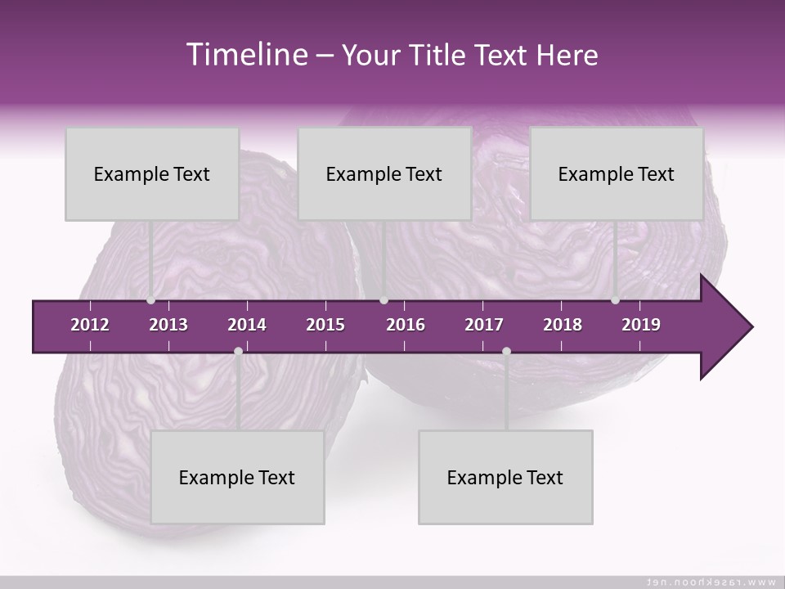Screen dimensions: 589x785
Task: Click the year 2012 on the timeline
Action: (90, 325)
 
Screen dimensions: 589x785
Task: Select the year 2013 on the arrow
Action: (168, 325)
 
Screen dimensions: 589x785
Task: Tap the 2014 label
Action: (247, 325)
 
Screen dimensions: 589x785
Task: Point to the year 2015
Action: (325, 325)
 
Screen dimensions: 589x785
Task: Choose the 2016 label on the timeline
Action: (406, 325)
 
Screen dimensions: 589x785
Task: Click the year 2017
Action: (484, 325)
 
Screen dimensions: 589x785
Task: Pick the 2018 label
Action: (563, 325)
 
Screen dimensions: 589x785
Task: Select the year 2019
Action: (641, 325)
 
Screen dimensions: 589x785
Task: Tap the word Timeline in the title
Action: (245, 55)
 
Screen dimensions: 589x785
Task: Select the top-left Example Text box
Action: (152, 174)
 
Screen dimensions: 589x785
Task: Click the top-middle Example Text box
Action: (384, 174)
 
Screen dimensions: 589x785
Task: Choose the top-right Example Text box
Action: (617, 174)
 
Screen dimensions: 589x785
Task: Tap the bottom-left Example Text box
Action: (237, 478)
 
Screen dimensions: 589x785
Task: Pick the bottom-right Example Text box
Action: (505, 478)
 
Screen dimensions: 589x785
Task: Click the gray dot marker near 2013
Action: (150, 300)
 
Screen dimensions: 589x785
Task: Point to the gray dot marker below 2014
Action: (238, 352)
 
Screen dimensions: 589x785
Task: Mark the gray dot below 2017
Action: (506, 352)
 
